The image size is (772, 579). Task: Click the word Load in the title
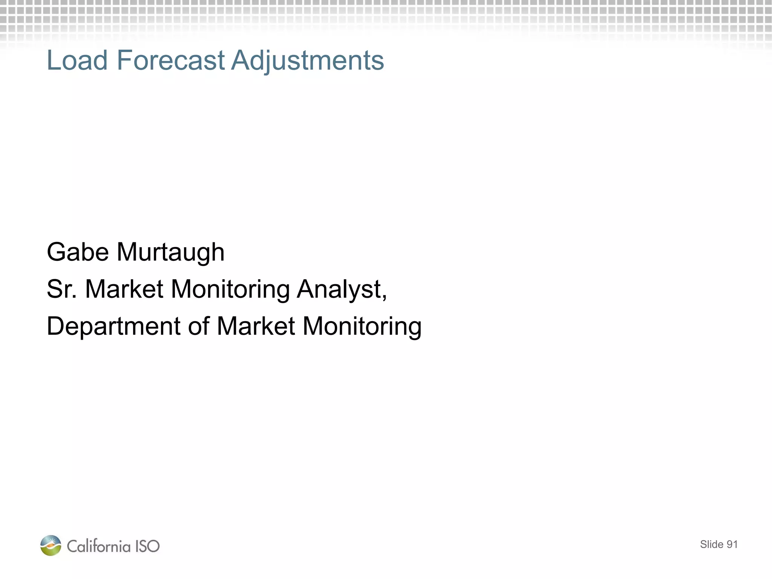pos(77,60)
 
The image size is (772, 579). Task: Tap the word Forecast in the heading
pos(170,60)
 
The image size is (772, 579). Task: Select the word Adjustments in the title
pos(308,60)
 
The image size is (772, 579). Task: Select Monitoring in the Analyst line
pos(230,289)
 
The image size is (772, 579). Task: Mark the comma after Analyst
pos(384,297)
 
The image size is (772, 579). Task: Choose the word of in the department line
pos(199,326)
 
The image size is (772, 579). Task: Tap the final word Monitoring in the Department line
pos(362,326)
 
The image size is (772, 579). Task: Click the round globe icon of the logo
pos(51,545)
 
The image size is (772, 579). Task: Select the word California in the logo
pos(99,546)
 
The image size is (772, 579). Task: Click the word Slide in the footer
pos(711,544)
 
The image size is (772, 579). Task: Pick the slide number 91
pos(732,544)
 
